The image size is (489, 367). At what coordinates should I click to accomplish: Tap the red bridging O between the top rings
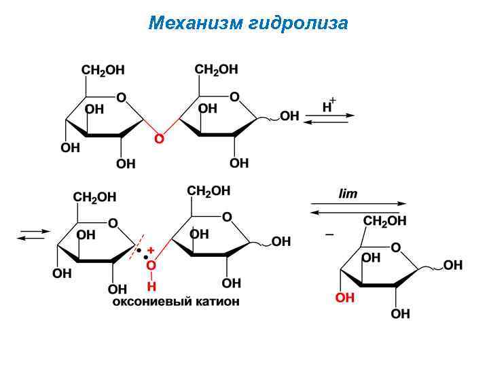[160, 139]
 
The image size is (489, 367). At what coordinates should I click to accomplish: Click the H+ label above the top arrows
[329, 105]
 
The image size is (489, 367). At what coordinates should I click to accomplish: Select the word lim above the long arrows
[348, 194]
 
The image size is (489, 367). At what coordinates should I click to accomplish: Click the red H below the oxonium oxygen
[151, 286]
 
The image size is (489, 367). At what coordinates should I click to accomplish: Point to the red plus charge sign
[151, 250]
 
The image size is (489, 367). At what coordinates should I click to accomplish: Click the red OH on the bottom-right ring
[345, 298]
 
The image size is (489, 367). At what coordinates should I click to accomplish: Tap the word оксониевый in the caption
[149, 301]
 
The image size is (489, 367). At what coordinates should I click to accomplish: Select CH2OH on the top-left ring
[103, 70]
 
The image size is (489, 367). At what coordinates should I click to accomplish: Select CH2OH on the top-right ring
[216, 69]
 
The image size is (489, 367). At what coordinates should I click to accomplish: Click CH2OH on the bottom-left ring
[95, 197]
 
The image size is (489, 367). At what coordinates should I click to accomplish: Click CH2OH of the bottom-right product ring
[385, 221]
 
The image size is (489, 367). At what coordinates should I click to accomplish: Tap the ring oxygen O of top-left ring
[121, 98]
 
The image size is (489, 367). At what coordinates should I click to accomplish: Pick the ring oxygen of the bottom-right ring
[396, 247]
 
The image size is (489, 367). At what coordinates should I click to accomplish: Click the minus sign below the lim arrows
[329, 234]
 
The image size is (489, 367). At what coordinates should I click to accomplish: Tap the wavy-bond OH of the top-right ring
[289, 116]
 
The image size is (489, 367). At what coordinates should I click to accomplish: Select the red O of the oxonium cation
[151, 266]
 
